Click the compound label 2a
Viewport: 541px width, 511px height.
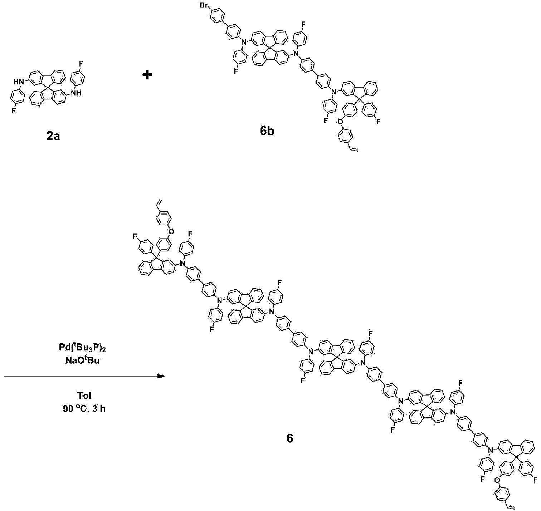[x=53, y=137]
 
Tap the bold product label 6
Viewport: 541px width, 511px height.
[x=290, y=439]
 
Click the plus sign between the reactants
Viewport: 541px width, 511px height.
[x=147, y=75]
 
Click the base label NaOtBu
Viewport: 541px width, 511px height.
[x=84, y=362]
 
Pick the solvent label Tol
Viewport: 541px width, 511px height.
[x=84, y=396]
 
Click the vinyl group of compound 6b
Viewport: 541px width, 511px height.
[x=353, y=149]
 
